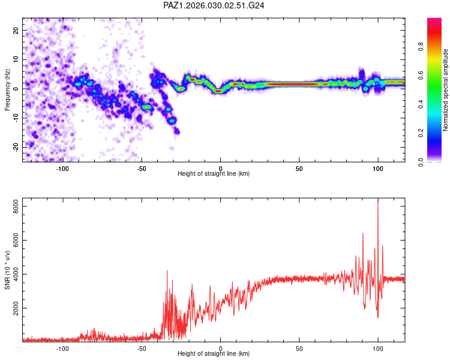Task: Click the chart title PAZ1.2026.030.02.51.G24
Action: [x=214, y=5]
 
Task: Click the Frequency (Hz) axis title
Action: [x=7, y=90]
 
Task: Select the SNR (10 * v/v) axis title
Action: [x=7, y=270]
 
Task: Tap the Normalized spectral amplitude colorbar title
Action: [x=445, y=90]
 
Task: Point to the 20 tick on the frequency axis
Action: [x=16, y=30]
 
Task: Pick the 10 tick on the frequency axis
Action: [x=16, y=59]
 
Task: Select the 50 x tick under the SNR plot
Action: [x=299, y=348]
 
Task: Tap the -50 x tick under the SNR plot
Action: [x=142, y=348]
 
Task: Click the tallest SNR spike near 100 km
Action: [x=377, y=200]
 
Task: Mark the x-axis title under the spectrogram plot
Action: [x=214, y=174]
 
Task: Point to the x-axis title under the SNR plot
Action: [x=214, y=355]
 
